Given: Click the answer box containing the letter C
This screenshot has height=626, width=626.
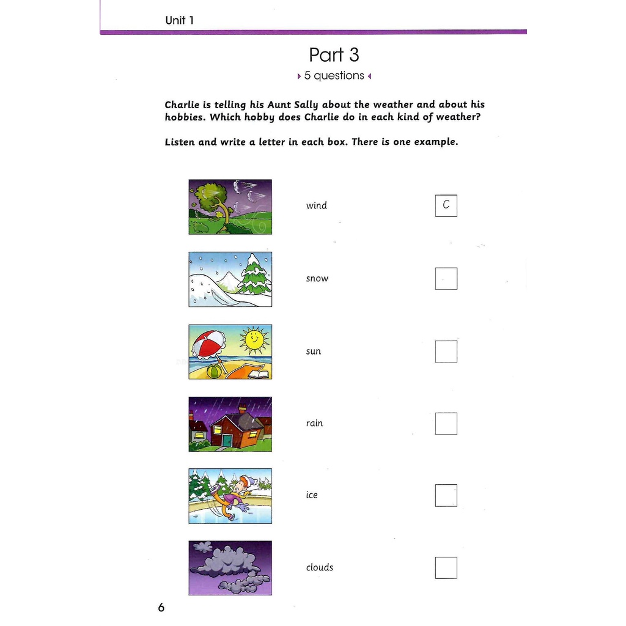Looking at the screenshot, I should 446,206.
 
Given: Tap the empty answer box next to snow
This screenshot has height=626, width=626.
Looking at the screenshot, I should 446,279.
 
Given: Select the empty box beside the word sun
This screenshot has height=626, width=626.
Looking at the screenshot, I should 446,352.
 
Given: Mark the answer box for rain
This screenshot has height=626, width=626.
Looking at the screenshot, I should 446,424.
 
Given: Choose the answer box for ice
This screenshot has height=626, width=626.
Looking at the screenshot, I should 446,495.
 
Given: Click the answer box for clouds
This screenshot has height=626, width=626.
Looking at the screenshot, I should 446,567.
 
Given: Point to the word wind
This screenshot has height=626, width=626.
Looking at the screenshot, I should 317,206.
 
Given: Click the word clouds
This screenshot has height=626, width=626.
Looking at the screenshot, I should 320,567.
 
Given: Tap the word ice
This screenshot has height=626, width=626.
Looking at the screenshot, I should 312,495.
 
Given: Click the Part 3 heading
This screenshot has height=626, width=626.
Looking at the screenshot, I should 334,55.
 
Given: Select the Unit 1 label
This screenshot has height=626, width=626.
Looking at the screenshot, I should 180,20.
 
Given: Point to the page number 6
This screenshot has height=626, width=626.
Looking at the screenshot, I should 161,608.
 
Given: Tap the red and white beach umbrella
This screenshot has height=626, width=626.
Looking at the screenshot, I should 208,343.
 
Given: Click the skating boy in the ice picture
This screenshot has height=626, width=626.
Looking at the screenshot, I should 235,496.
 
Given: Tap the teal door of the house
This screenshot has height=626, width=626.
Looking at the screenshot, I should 227,440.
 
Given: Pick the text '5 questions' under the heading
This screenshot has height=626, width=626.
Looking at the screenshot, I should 334,76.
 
